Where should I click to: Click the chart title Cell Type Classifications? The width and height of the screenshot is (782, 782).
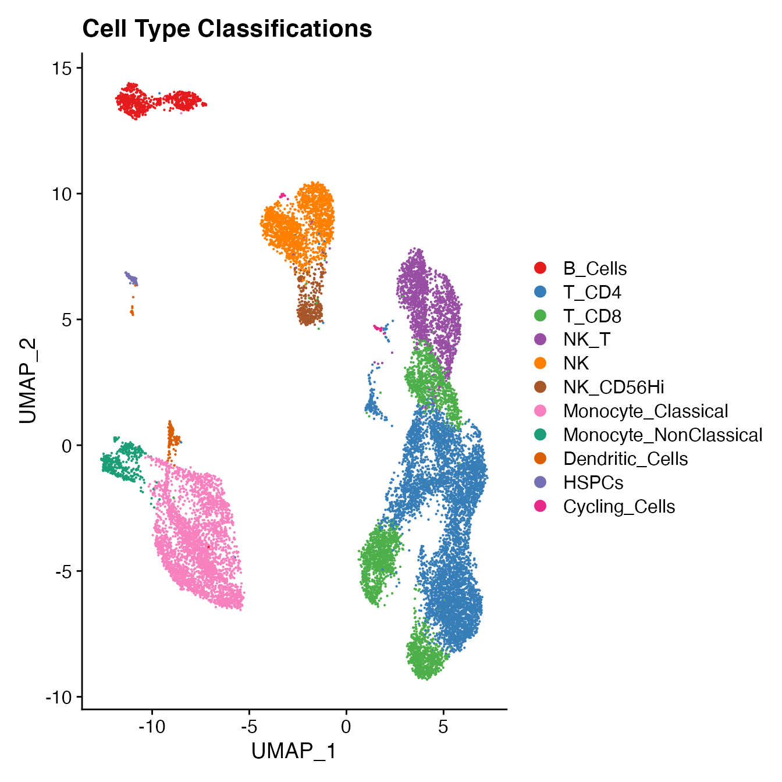click(227, 29)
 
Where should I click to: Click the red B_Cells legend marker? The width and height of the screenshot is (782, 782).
click(541, 268)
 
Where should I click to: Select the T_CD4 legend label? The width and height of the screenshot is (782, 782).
click(592, 292)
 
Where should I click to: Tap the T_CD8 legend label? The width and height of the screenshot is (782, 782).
click(592, 316)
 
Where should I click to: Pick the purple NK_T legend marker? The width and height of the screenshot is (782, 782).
click(541, 339)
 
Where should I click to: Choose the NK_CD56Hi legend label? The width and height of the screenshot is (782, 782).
click(613, 387)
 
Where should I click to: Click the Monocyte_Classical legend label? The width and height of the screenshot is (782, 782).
click(645, 411)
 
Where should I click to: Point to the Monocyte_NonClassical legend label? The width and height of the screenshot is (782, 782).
click(662, 435)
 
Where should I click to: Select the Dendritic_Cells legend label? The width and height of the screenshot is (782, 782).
click(625, 458)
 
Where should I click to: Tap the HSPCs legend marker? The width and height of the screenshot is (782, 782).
click(541, 482)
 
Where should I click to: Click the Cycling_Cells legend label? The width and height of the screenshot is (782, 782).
click(619, 506)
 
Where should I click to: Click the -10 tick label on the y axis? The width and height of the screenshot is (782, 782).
click(59, 697)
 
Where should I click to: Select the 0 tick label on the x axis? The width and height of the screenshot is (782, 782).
click(346, 727)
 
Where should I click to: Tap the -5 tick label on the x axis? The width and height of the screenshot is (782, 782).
click(249, 727)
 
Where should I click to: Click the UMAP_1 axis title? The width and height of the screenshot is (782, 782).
click(294, 751)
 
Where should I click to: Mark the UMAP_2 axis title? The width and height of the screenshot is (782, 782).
click(28, 381)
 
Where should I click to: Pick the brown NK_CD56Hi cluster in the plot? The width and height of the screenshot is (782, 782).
click(309, 311)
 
